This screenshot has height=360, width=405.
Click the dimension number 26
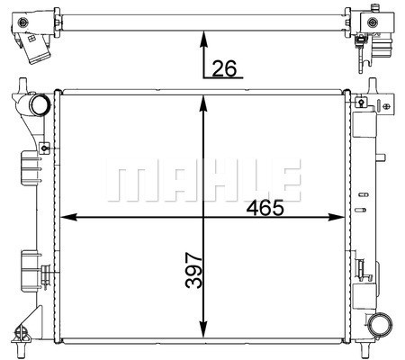click(224, 68)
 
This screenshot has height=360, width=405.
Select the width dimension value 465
click(265, 208)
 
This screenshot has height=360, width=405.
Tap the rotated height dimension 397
click(193, 270)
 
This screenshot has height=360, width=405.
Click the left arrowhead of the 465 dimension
click(68, 217)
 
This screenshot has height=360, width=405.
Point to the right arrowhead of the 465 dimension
click(337, 217)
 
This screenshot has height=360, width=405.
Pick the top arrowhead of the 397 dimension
click(203, 103)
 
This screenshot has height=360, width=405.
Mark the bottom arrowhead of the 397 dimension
click(203, 329)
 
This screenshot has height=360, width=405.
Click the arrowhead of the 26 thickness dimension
click(204, 39)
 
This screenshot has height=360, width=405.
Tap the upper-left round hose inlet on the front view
click(39, 104)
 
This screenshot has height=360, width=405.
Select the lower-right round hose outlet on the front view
click(380, 325)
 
